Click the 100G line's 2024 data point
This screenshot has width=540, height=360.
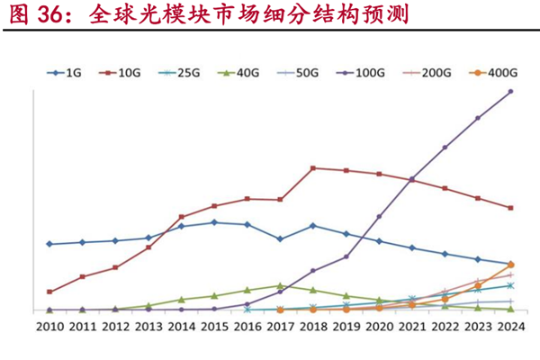click(x=510, y=92)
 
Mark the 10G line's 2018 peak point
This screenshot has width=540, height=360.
click(x=312, y=168)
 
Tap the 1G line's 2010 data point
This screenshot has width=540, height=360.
click(x=49, y=244)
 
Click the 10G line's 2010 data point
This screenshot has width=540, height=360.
click(x=49, y=292)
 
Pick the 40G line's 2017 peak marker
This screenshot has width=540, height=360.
click(x=280, y=285)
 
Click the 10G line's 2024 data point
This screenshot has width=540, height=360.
click(x=510, y=208)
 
